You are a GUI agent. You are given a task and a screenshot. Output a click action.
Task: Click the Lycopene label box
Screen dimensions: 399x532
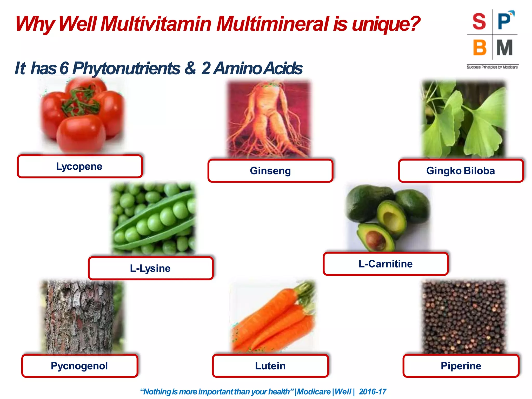pos(79,167)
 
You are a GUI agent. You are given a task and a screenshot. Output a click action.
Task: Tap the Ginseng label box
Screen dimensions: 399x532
pos(270,171)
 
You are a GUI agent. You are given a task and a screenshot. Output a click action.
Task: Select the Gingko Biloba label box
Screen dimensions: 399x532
pos(461,171)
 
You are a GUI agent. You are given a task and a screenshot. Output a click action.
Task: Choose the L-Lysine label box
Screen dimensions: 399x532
pos(150,268)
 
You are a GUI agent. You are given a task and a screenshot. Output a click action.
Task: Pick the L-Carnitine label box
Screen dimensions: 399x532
pos(385,264)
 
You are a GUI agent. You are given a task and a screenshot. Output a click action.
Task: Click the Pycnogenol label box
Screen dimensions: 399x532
pos(79,366)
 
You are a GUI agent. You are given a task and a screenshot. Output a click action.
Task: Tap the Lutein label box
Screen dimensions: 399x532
pos(270,366)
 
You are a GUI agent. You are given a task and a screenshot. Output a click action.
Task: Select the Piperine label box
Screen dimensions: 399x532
pos(461,366)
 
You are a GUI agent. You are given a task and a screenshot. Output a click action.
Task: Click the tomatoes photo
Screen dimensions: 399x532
pos(82,116)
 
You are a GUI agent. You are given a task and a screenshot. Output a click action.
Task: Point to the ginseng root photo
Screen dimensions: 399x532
pos(269,119)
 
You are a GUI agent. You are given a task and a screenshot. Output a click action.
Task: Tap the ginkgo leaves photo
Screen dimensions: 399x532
pos(463,119)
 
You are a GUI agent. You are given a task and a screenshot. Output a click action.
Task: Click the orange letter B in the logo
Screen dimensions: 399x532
pos(479,48)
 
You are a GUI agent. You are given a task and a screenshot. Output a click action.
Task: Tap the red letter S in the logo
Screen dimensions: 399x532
pos(479,22)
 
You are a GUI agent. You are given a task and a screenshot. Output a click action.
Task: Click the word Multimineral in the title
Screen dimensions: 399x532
pos(272,24)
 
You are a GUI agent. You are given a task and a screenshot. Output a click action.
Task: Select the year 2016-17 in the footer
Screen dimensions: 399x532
pos(373,391)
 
